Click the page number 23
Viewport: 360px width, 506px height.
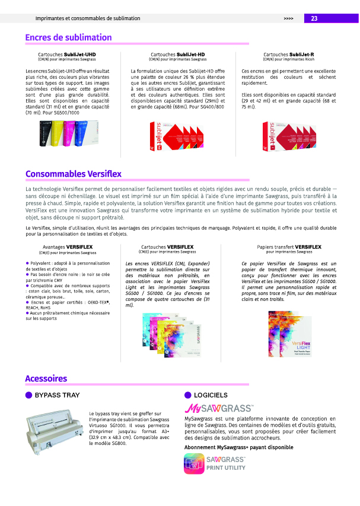pos(314,18)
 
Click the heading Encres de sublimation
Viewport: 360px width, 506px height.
pos(68,38)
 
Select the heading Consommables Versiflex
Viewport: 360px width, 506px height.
pos(73,174)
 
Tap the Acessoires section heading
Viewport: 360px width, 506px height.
pos(46,378)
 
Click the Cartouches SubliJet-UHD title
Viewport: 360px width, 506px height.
pos(67,55)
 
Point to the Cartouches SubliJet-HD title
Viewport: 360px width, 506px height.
pos(178,55)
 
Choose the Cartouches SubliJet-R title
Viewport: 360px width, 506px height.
pos(288,55)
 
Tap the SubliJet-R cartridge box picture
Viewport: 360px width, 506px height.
pos(289,138)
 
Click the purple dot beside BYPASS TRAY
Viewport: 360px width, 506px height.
pos(28,395)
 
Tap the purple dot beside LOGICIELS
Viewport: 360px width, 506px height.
pos(188,395)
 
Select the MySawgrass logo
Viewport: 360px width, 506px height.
pos(219,409)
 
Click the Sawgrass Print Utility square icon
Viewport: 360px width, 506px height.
pos(194,463)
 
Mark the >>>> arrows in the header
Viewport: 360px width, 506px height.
pos(289,19)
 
